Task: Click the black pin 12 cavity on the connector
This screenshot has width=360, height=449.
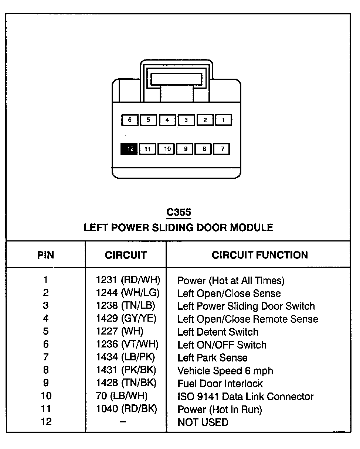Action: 129,149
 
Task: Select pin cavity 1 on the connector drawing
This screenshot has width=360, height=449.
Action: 223,120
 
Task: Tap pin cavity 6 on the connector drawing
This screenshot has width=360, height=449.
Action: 130,120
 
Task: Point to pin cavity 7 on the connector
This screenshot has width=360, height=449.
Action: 223,149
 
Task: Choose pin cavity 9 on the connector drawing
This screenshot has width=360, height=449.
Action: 186,149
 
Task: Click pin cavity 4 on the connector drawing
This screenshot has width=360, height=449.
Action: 167,120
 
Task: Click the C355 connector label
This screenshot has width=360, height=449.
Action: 179,212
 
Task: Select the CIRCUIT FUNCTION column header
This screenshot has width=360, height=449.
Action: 259,255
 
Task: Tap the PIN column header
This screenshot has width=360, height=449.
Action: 46,255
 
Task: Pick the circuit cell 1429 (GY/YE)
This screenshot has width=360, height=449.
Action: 126,319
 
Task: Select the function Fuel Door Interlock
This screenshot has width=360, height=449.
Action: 220,383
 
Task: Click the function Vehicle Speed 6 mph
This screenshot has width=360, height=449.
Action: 225,370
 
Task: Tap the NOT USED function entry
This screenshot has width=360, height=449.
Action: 203,422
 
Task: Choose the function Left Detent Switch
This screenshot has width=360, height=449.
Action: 218,332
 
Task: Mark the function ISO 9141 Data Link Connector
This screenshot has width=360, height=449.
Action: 245,397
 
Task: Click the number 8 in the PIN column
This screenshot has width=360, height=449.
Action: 46,370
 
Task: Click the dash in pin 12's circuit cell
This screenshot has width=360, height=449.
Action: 123,422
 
